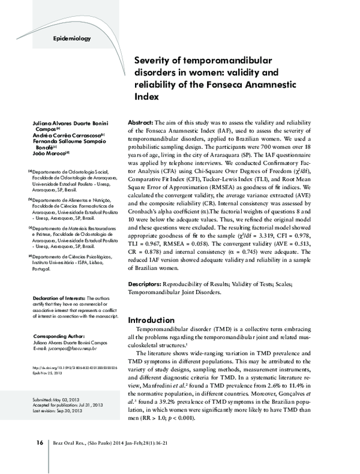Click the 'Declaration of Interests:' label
(58, 298)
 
